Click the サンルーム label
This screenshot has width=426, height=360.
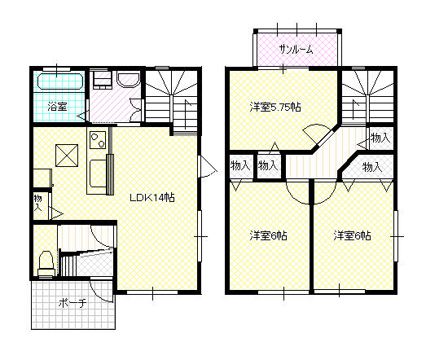pyautogui.click(x=296, y=50)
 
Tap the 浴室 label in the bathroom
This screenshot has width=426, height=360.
pyautogui.click(x=57, y=106)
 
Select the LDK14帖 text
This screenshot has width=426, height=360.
pyautogui.click(x=152, y=198)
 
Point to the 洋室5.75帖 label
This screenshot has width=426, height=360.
pyautogui.click(x=275, y=108)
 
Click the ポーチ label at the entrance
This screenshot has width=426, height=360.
pyautogui.click(x=72, y=303)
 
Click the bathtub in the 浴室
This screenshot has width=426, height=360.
pyautogui.click(x=60, y=81)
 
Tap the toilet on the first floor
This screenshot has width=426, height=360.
pyautogui.click(x=46, y=263)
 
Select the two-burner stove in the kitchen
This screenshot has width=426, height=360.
pyautogui.click(x=98, y=140)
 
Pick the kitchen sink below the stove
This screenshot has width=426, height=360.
pyautogui.click(x=97, y=173)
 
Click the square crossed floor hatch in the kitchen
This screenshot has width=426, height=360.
pyautogui.click(x=67, y=156)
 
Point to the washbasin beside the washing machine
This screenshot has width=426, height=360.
pyautogui.click(x=128, y=79)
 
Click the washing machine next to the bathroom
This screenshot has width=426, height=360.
pyautogui.click(x=102, y=80)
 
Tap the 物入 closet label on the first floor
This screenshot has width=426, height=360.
pyautogui.click(x=38, y=203)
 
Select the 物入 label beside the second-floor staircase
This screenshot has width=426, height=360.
pyautogui.click(x=380, y=138)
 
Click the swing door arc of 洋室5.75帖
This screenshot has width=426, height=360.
pyautogui.click(x=317, y=129)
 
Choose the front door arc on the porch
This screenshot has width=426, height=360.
pyautogui.click(x=100, y=293)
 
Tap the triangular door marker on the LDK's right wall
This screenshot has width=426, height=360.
pyautogui.click(x=208, y=166)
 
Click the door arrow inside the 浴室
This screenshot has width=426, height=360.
pyautogui.click(x=81, y=116)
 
